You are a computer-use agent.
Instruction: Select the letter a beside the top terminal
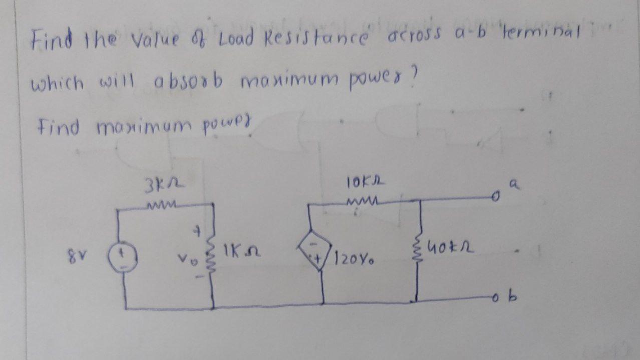click(x=511, y=184)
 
